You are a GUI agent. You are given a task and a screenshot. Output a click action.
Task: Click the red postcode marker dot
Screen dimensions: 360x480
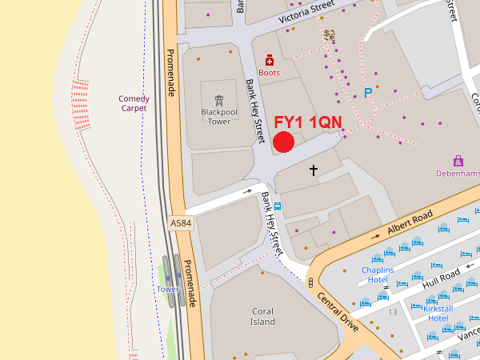coord(284,142)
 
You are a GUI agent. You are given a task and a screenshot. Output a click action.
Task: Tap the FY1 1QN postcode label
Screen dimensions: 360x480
coord(308,122)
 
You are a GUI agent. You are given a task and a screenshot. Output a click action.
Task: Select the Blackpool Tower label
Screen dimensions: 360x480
coord(213,117)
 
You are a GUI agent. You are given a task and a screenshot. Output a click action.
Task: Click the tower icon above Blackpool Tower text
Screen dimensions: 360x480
coord(213,90)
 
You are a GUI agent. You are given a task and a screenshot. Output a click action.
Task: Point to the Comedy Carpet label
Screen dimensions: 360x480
coord(134,103)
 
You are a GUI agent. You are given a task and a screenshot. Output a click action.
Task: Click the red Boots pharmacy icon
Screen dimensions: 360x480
coord(270,60)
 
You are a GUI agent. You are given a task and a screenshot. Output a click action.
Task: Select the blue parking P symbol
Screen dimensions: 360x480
coord(368,93)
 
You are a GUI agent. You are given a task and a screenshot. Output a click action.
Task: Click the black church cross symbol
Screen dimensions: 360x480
coord(314,170)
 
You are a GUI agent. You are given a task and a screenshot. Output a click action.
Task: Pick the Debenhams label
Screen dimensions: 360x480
coord(458,173)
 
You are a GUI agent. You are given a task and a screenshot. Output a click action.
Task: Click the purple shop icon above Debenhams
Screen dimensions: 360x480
coord(458,161)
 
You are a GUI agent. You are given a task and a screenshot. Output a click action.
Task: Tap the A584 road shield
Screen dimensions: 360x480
coord(182,224)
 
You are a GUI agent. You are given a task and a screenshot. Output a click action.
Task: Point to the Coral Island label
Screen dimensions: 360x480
coord(262,317)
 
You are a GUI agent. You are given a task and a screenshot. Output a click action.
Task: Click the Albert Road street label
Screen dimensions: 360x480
coord(410,223)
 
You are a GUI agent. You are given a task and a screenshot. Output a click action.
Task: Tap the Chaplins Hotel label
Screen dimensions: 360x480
coord(378,274)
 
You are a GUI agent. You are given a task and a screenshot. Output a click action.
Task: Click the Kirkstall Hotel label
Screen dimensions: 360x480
coord(438,313)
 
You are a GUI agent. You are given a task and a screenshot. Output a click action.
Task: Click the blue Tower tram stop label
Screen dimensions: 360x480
coord(168,289)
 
